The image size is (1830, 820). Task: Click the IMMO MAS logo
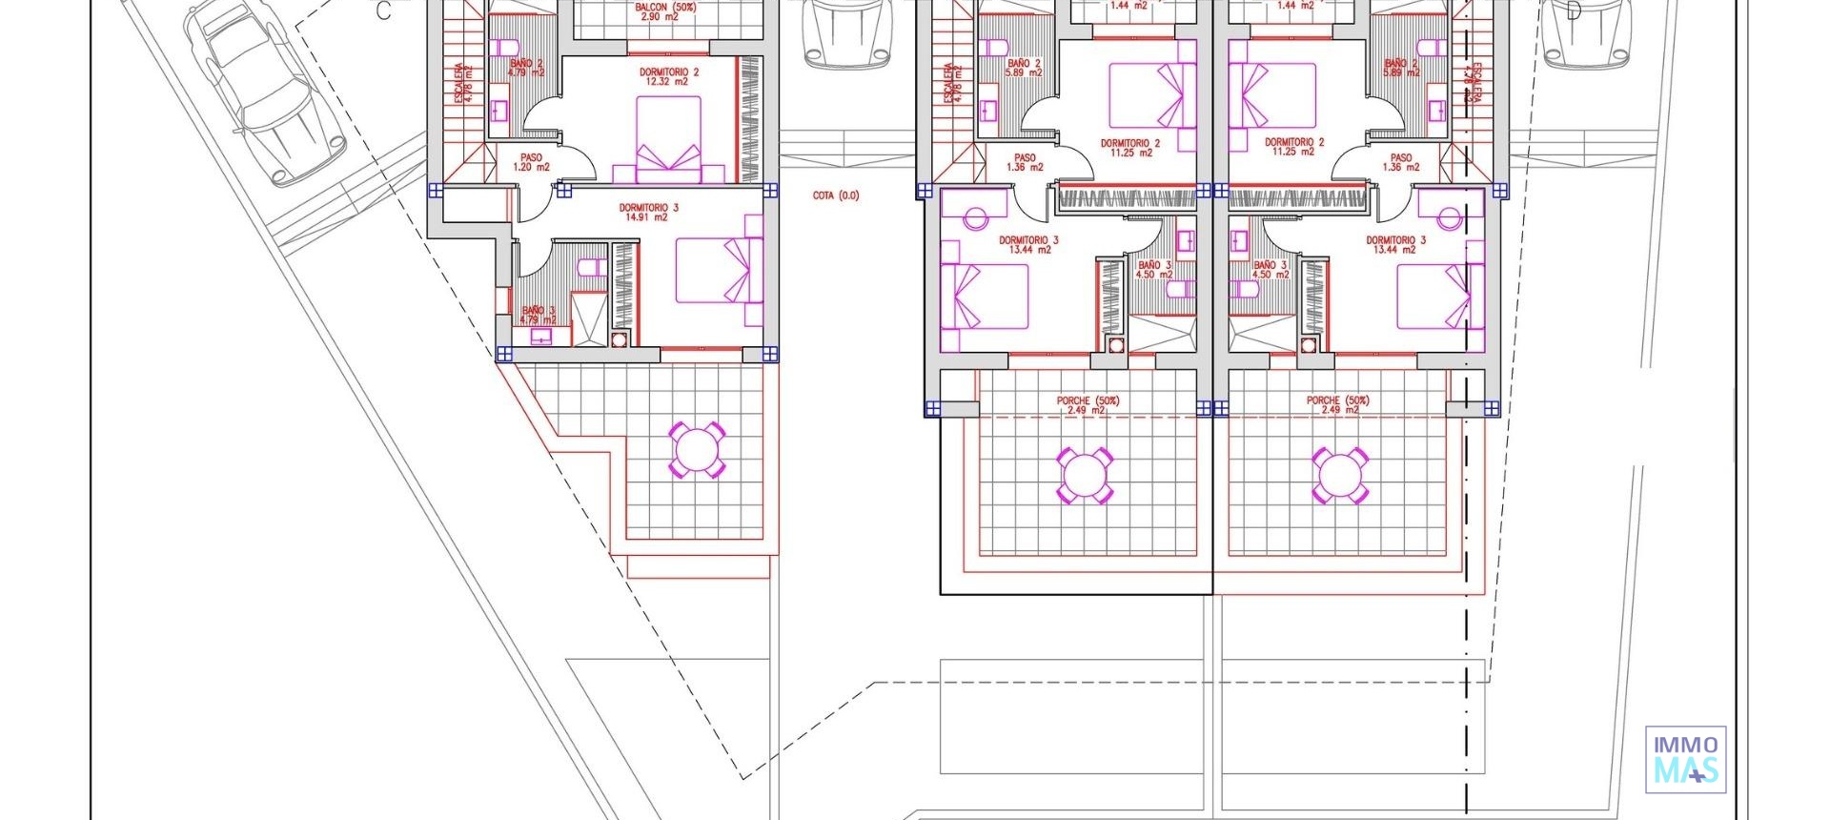[1685, 760]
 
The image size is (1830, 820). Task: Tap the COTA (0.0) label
[835, 195]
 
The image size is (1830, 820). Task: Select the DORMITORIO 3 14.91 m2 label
[648, 212]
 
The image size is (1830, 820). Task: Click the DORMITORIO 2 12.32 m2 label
[668, 76]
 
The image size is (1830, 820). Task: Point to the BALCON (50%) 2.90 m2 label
[665, 11]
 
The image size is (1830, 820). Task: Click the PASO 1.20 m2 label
[531, 162]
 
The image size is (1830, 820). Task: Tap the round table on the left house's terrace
[697, 449]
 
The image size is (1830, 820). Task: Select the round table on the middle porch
[1085, 474]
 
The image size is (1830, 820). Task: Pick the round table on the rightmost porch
[1339, 474]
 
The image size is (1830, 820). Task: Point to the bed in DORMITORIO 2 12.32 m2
[668, 138]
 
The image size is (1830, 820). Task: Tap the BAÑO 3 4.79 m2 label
[539, 315]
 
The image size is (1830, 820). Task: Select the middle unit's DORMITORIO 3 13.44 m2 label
[1028, 245]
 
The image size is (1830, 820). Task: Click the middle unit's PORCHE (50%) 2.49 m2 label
[1088, 405]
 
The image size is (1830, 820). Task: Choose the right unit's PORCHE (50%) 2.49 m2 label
[1337, 405]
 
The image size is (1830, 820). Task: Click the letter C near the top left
[383, 11]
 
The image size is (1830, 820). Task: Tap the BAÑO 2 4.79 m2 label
[526, 68]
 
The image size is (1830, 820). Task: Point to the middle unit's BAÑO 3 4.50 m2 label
[1154, 270]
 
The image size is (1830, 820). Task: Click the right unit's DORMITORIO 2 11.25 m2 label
[1294, 147]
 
